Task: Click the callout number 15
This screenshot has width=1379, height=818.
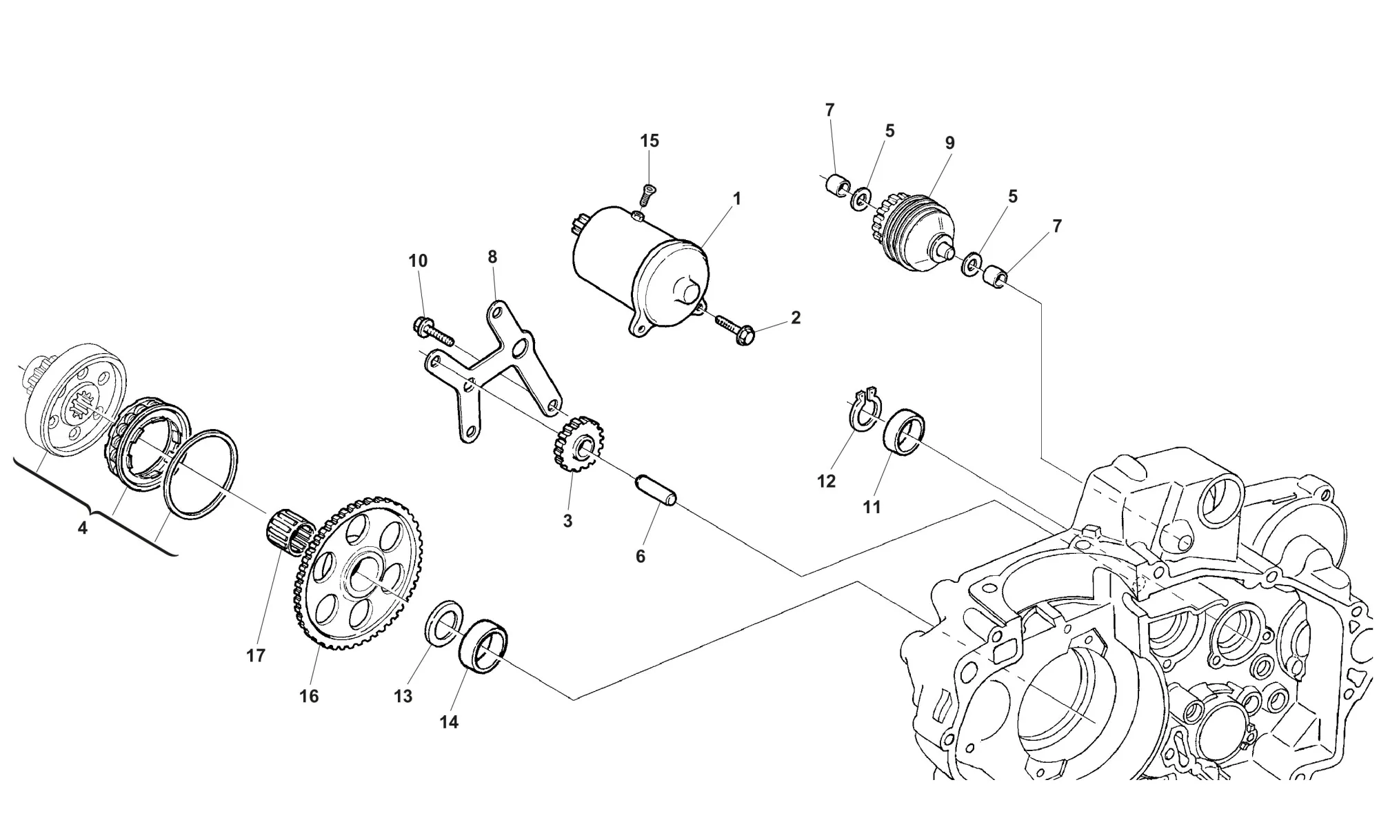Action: [650, 141]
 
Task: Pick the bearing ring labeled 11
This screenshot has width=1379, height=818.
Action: [904, 432]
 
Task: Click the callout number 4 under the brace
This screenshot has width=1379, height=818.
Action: [83, 529]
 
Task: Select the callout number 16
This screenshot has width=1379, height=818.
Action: [309, 697]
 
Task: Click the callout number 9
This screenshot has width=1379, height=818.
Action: [949, 143]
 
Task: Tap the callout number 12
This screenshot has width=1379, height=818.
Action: [826, 481]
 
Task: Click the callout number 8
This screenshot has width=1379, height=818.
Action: [492, 257]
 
